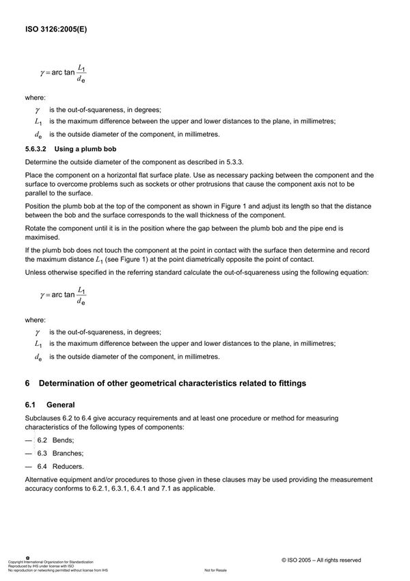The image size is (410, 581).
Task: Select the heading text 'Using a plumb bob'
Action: (83, 148)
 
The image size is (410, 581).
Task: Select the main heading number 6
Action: (27, 383)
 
